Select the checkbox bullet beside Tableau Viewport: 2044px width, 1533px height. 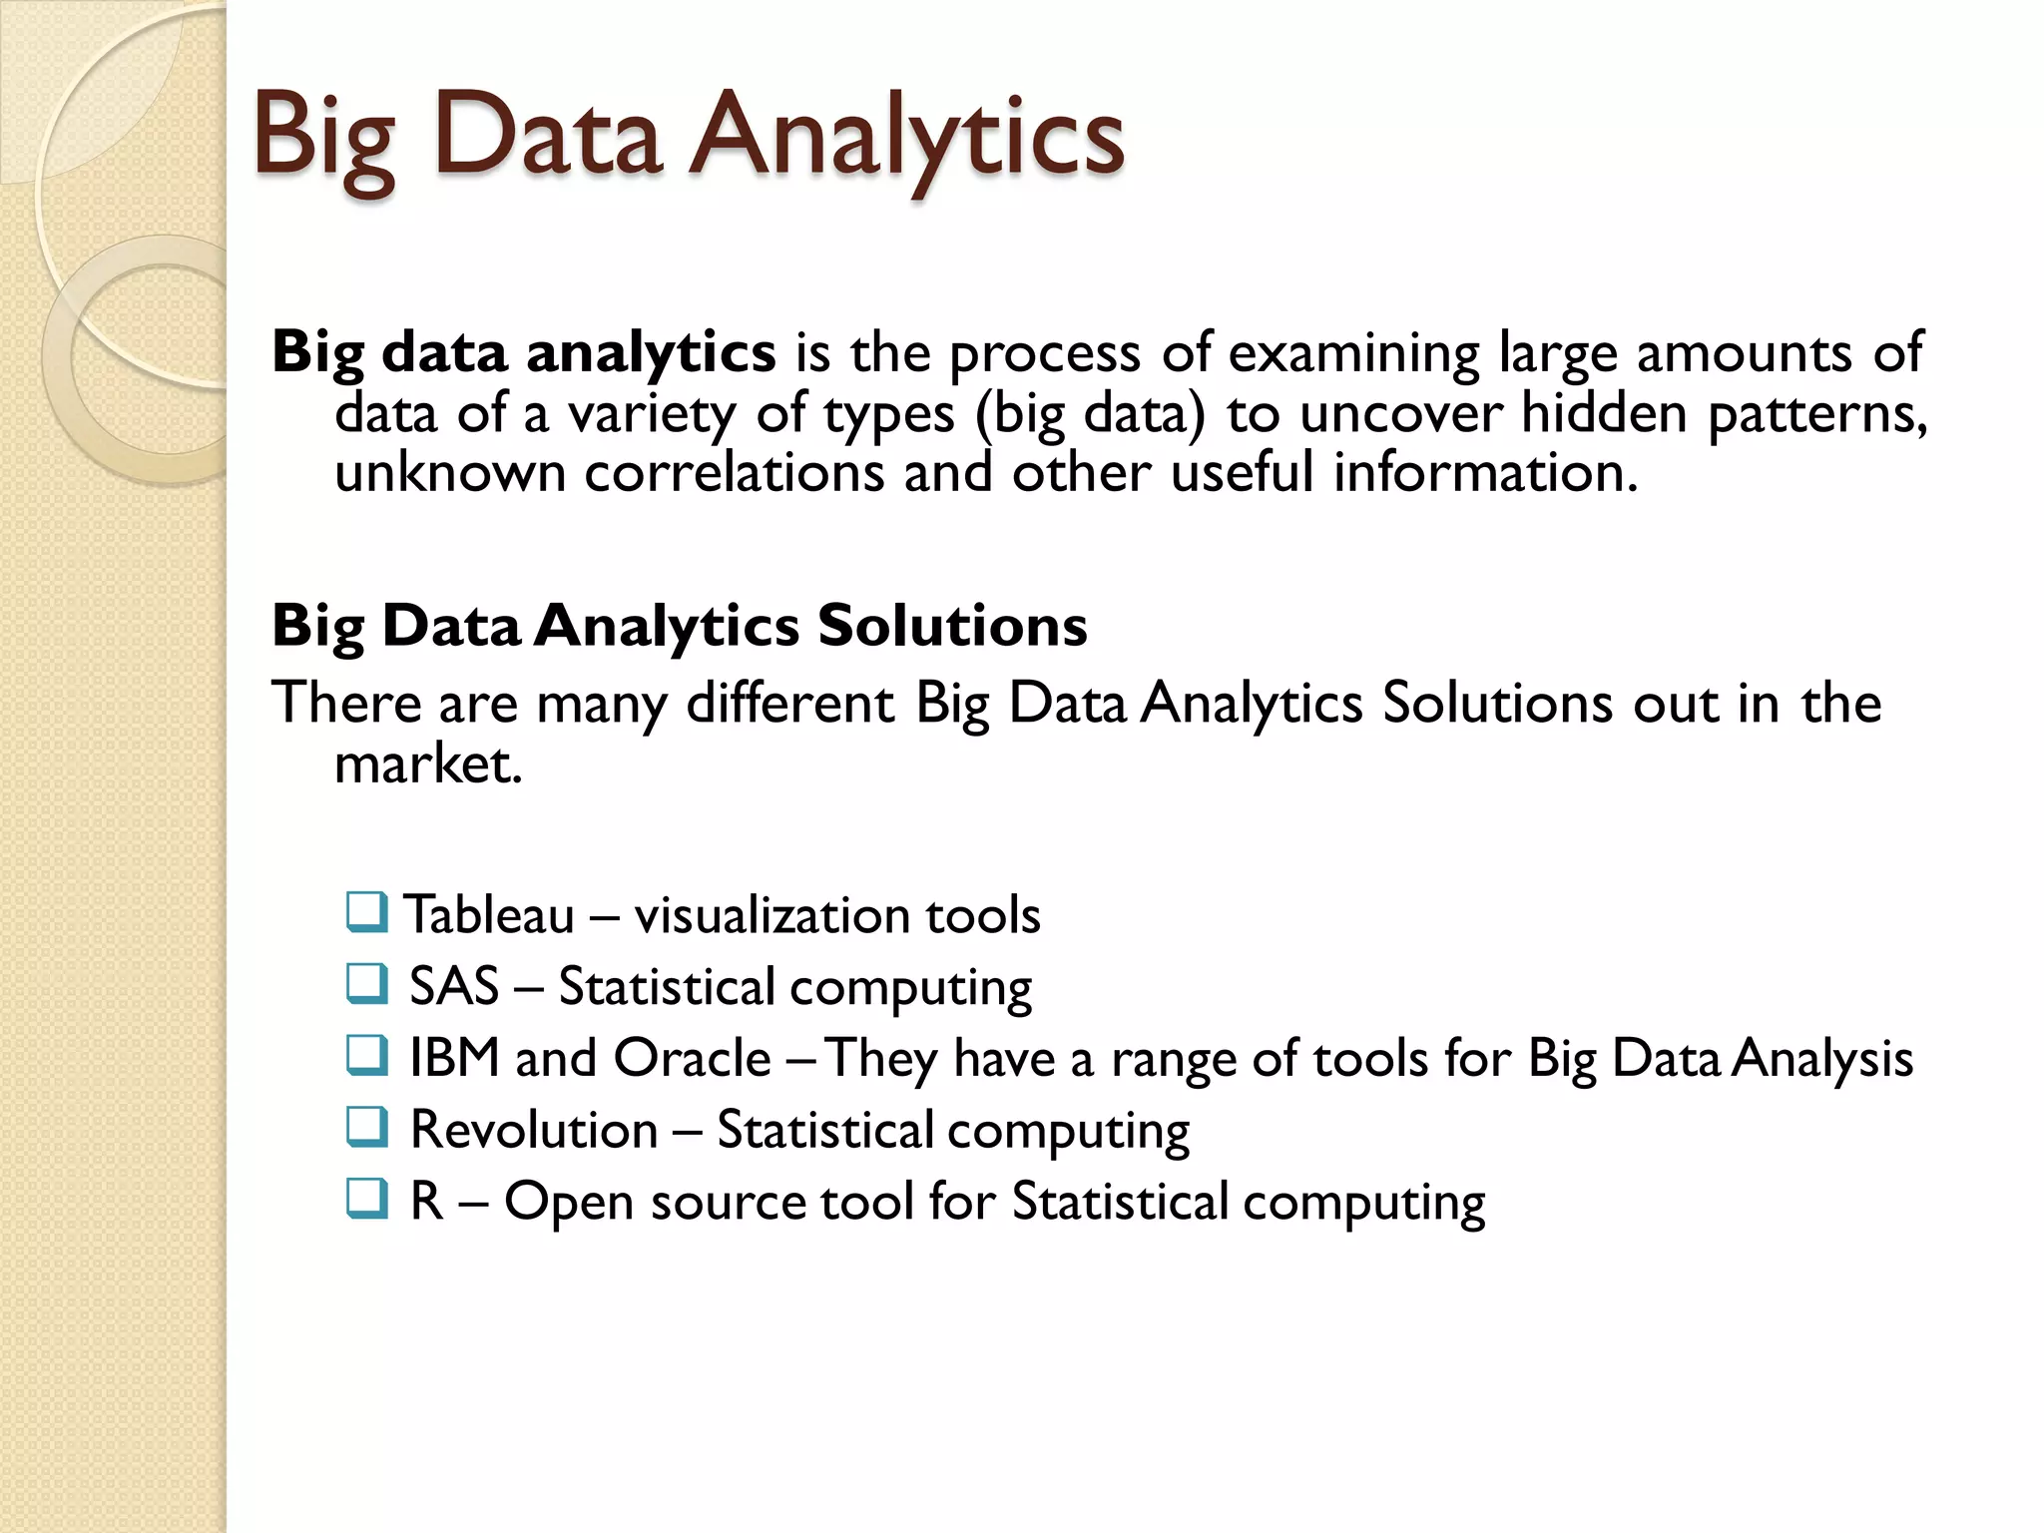point(366,912)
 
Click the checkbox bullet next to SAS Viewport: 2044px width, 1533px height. point(366,984)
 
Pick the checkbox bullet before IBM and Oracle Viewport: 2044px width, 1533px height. point(366,1056)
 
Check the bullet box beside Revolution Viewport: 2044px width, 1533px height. point(366,1128)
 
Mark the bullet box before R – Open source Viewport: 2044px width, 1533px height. point(366,1200)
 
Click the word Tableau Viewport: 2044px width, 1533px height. point(489,914)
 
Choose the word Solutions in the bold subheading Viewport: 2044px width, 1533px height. point(952,626)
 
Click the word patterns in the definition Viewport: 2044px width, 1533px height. point(1816,413)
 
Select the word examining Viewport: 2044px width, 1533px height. point(1354,353)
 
